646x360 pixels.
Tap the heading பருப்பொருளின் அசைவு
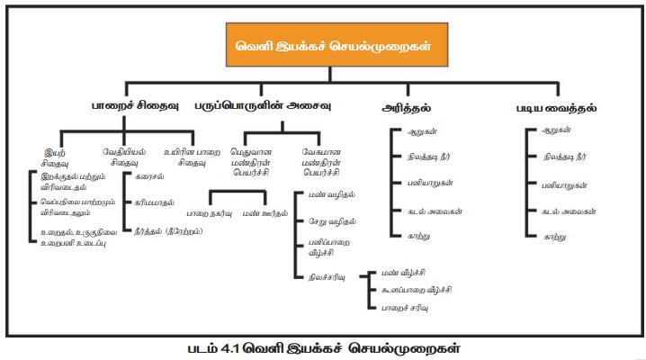(x=264, y=106)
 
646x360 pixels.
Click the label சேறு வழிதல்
(x=332, y=221)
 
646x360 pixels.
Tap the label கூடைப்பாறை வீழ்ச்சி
(x=416, y=289)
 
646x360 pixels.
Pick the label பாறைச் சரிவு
(x=406, y=308)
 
